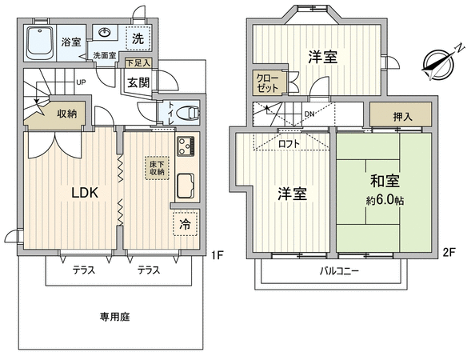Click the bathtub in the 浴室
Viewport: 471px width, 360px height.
(40, 43)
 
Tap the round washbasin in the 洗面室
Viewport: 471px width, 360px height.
(105, 32)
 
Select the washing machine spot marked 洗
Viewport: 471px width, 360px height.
(138, 38)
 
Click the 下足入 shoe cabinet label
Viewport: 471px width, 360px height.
(138, 63)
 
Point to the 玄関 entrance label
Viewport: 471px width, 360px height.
(138, 82)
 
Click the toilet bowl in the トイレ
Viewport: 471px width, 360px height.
(188, 114)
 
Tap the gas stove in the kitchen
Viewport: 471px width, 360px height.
(186, 146)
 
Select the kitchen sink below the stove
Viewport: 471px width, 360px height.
(186, 186)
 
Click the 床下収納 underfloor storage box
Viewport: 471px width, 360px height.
(157, 168)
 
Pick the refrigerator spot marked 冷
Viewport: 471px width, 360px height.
(186, 223)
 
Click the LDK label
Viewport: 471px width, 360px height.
(85, 193)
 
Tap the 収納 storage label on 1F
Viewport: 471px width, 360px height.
(67, 114)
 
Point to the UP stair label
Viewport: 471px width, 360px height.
(81, 82)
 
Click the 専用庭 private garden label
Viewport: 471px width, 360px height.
(114, 317)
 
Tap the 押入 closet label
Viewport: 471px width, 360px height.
(402, 117)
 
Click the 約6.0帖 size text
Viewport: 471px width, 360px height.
(385, 201)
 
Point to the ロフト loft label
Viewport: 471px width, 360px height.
(289, 144)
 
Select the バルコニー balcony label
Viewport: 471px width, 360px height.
(339, 271)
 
